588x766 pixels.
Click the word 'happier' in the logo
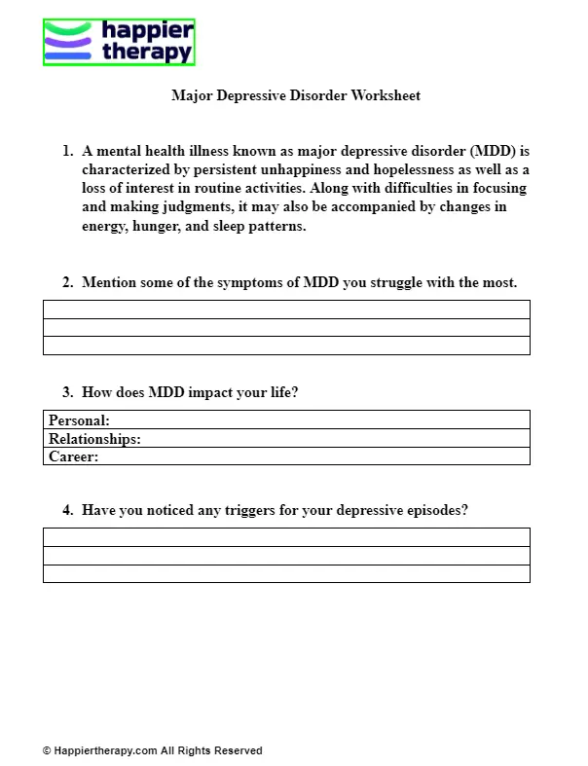click(147, 31)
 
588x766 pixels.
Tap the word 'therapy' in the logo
click(147, 53)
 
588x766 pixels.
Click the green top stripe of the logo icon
click(69, 29)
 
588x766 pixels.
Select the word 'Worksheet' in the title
click(386, 96)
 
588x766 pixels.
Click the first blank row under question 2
click(286, 310)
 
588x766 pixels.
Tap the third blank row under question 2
click(286, 346)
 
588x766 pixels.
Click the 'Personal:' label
click(79, 420)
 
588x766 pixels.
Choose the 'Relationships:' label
click(94, 439)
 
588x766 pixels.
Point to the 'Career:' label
click(73, 456)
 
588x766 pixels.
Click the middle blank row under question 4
click(286, 556)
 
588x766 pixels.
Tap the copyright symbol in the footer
click(47, 751)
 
